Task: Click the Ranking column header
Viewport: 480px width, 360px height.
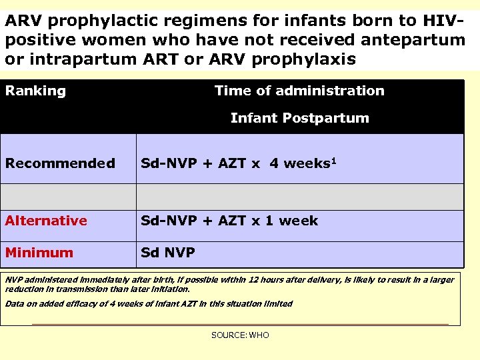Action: pyautogui.click(x=36, y=91)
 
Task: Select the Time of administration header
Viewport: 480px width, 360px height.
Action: pyautogui.click(x=299, y=91)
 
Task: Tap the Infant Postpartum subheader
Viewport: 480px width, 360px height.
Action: pyautogui.click(x=299, y=119)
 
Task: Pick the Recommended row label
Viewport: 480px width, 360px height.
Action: pyautogui.click(x=60, y=163)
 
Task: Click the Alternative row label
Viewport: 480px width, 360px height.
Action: pyautogui.click(x=46, y=221)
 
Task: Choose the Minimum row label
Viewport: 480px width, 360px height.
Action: pyautogui.click(x=39, y=253)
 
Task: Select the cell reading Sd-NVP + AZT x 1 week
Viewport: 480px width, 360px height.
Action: pyautogui.click(x=229, y=221)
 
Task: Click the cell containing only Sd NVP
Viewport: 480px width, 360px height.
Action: pyautogui.click(x=167, y=253)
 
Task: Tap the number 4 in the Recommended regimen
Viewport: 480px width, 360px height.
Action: pyautogui.click(x=274, y=163)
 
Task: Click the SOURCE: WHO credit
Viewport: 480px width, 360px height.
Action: pyautogui.click(x=240, y=335)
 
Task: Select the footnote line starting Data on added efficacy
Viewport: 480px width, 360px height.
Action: pyautogui.click(x=149, y=304)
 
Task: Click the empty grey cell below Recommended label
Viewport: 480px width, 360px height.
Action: pyautogui.click(x=68, y=197)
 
